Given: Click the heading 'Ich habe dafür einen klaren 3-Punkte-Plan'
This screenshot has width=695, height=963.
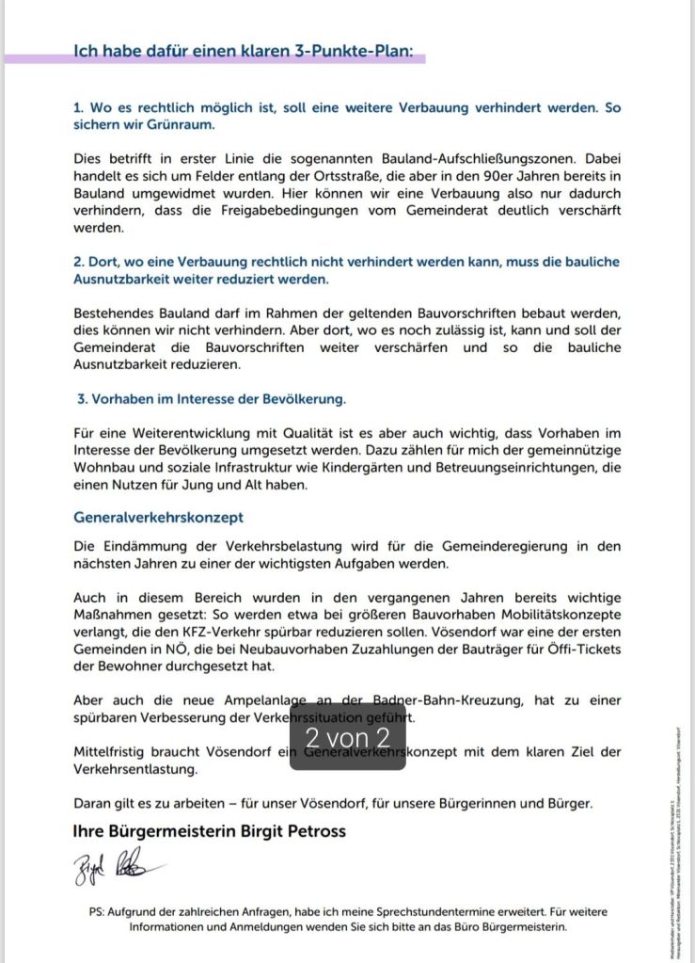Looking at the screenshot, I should click(x=244, y=51).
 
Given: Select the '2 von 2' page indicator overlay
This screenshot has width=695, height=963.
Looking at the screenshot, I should click(x=347, y=736).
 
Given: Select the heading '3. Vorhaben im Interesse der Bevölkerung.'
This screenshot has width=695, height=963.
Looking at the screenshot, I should click(x=212, y=398).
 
